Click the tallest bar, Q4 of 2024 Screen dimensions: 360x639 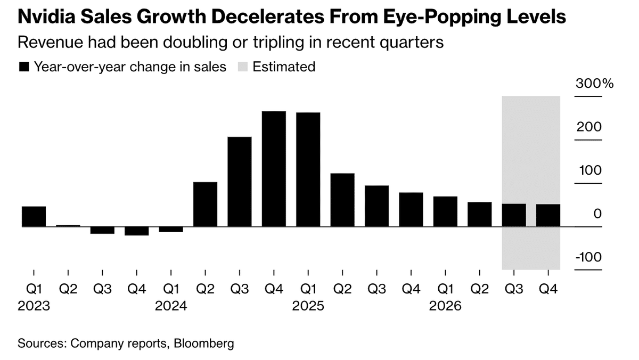[x=274, y=169]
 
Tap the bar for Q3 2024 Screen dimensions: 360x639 [x=239, y=182]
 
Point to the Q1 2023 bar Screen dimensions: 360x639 [x=34, y=216]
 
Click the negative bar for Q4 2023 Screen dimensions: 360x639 [x=136, y=231]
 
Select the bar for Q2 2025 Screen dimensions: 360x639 [x=342, y=200]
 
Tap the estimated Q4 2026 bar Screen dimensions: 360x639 [x=548, y=215]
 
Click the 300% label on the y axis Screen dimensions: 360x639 [x=594, y=84]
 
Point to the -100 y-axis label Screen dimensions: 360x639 [x=589, y=257]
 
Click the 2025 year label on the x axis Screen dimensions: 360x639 [x=308, y=307]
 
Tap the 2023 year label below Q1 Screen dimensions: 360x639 [x=34, y=307]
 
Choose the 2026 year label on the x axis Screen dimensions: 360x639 [x=445, y=307]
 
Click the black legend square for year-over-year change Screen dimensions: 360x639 [x=23, y=67]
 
